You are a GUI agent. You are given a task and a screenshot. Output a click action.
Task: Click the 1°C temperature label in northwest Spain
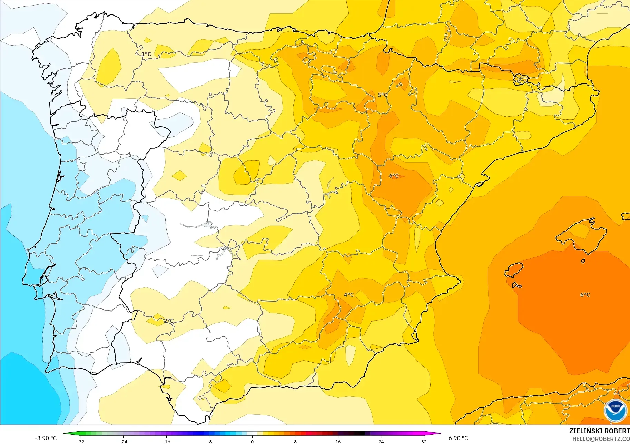click(x=146, y=54)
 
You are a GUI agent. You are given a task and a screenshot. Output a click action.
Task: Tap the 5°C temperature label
click(x=382, y=95)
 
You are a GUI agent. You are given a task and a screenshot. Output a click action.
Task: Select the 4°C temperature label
click(x=348, y=295)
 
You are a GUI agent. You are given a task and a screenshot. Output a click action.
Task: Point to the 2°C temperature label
click(x=169, y=321)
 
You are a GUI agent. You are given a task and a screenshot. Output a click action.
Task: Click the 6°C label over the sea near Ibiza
click(x=585, y=295)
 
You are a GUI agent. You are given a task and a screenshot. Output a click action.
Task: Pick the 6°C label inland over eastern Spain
click(x=394, y=176)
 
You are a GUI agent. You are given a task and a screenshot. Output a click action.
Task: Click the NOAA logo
click(x=615, y=411)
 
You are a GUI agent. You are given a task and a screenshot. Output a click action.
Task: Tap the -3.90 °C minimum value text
click(x=46, y=438)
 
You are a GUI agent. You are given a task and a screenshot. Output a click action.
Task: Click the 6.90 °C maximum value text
click(x=458, y=438)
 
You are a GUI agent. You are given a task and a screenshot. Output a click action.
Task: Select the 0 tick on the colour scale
click(x=252, y=442)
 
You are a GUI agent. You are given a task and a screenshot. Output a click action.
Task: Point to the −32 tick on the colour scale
click(x=80, y=442)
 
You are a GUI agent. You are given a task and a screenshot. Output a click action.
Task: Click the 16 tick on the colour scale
click(x=338, y=442)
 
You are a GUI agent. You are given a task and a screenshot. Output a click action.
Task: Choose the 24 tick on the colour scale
click(x=381, y=442)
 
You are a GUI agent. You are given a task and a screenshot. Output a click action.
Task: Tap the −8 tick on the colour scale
click(x=209, y=442)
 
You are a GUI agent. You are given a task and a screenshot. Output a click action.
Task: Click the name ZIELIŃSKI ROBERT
click(x=599, y=431)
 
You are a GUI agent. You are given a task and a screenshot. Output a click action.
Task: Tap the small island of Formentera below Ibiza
click(x=516, y=285)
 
